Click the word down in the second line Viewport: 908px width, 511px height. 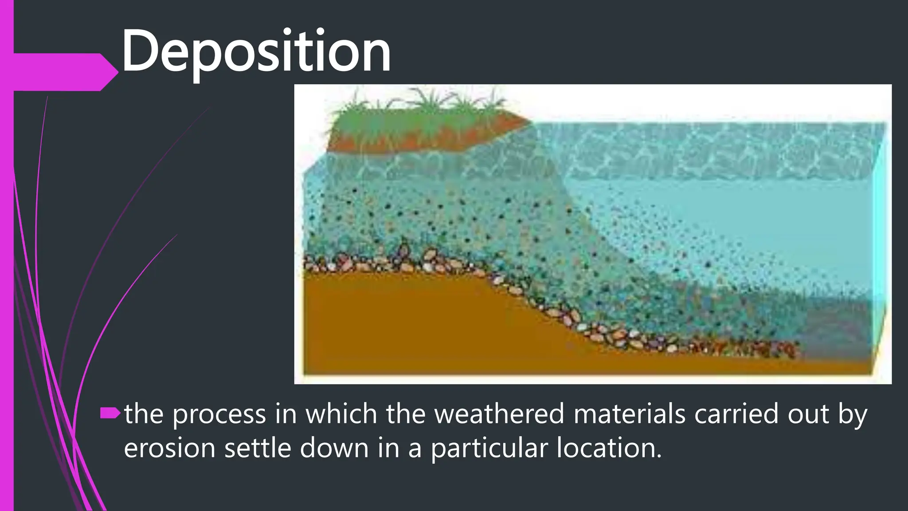[x=334, y=448]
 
